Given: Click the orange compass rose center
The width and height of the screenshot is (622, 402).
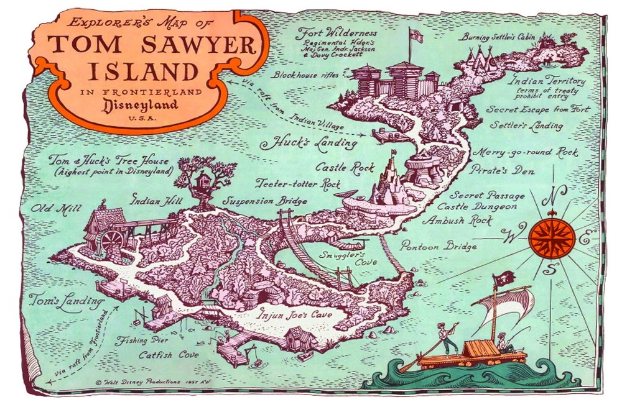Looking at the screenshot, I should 547,236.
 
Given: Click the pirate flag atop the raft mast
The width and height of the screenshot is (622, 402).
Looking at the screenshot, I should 499,281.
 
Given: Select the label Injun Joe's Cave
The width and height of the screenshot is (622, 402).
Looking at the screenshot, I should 295,314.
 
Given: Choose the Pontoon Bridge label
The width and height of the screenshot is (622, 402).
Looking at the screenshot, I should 439,246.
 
